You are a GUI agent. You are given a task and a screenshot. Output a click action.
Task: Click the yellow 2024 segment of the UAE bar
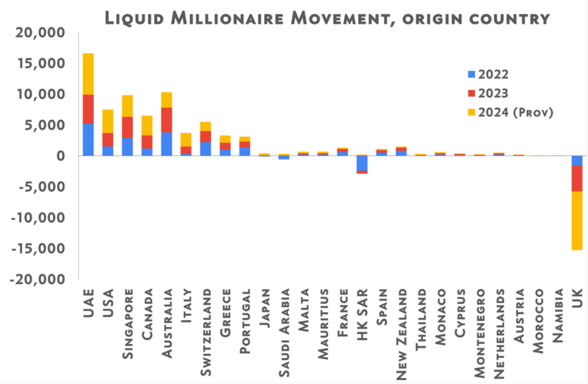(x=88, y=74)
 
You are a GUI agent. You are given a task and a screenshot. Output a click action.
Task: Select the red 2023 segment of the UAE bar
(x=88, y=109)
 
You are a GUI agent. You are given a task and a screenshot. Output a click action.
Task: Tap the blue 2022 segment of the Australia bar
(x=167, y=144)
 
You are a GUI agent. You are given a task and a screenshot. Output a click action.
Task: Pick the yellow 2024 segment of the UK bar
(x=577, y=221)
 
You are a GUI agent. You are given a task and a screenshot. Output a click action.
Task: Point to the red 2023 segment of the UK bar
(x=577, y=179)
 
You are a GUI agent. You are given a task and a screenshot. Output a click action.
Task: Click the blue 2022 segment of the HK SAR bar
(x=362, y=163)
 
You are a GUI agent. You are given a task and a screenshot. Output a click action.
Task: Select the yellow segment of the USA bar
(x=108, y=121)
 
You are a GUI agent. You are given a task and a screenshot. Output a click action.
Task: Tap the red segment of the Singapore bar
(x=127, y=127)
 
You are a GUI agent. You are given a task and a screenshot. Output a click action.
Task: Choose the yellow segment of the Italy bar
(x=186, y=140)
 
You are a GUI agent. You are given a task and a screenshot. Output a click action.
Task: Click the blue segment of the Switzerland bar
(x=206, y=149)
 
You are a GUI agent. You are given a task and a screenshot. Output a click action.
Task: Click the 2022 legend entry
(x=488, y=74)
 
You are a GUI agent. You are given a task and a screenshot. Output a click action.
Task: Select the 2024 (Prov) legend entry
(x=510, y=112)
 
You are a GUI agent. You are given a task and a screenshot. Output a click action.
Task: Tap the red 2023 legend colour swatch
(x=471, y=93)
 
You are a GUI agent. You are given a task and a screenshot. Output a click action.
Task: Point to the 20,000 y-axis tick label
(x=40, y=33)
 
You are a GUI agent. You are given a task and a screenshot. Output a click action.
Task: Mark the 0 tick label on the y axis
(x=60, y=156)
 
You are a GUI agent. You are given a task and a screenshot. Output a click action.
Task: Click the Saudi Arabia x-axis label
(x=284, y=333)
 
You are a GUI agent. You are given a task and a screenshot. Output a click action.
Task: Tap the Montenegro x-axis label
(x=479, y=333)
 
